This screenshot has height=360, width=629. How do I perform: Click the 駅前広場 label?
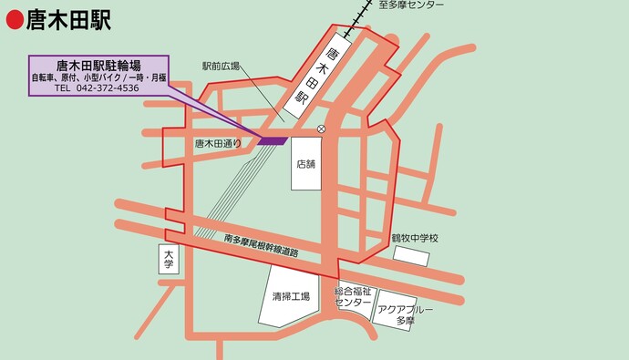[x=221, y=67]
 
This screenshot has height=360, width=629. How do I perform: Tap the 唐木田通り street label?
[x=219, y=143]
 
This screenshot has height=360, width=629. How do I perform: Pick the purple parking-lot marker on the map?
[x=273, y=140]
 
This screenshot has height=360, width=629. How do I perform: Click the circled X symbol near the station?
[x=321, y=129]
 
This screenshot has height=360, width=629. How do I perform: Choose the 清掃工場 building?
[x=291, y=296]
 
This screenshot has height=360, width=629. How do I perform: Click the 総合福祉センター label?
[x=353, y=297]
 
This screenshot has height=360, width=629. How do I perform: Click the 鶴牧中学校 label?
[x=415, y=238]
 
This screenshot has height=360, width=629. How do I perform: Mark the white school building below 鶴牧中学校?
[x=411, y=255]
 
